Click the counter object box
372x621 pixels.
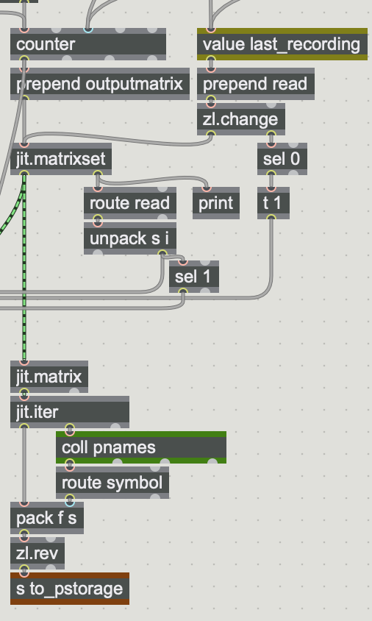(88, 44)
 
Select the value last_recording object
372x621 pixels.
(282, 44)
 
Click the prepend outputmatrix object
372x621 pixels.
(100, 84)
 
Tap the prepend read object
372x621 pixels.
(256, 84)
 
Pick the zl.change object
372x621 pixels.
(241, 119)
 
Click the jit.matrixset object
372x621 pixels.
(61, 159)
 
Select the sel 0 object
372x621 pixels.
(282, 159)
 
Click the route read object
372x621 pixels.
(130, 203)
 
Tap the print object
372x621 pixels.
(216, 203)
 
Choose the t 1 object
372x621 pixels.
(273, 203)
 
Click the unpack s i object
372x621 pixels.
(130, 238)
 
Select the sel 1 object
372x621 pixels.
(194, 277)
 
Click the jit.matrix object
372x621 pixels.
(49, 377)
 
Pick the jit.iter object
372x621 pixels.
(70, 412)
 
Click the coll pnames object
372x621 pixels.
(141, 447)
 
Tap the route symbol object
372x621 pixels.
(112, 483)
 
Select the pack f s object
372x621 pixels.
(47, 518)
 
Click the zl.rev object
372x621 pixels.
(37, 553)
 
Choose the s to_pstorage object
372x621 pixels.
(70, 589)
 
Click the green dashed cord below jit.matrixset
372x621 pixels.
(24, 268)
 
